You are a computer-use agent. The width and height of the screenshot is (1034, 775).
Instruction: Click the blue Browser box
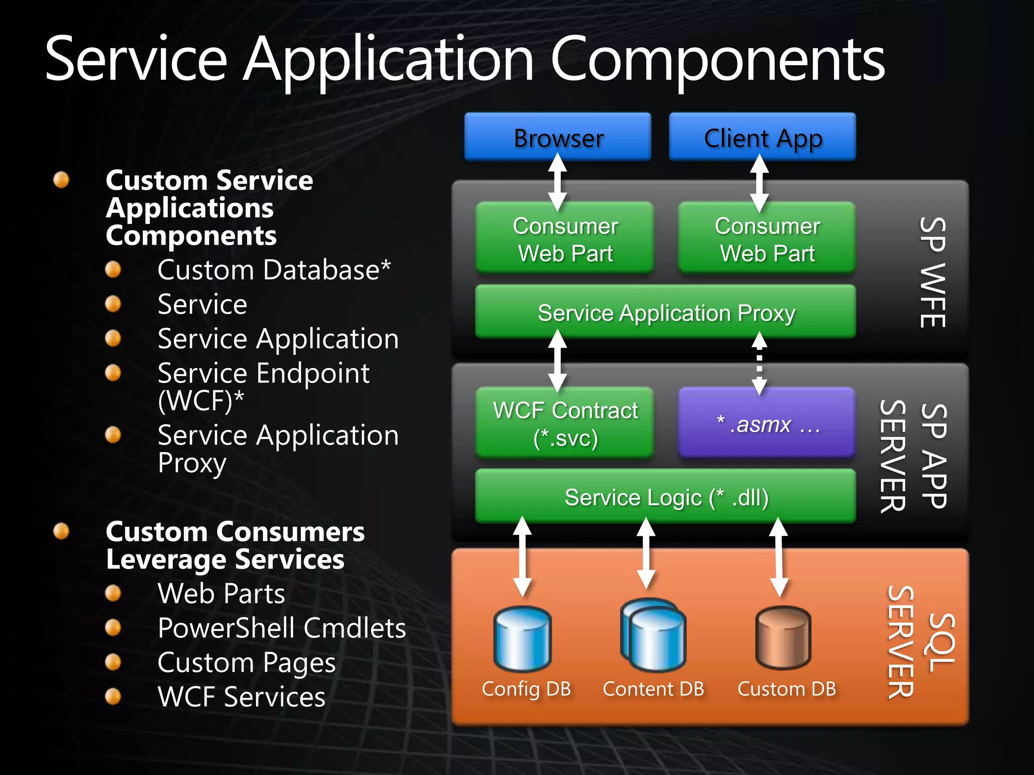click(557, 137)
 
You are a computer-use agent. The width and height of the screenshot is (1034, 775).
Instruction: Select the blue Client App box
click(762, 137)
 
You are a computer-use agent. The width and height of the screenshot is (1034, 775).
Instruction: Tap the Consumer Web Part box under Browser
click(564, 239)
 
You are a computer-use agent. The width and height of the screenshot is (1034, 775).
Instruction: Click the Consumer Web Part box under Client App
click(766, 239)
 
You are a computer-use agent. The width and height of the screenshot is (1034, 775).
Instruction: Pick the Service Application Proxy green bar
click(665, 312)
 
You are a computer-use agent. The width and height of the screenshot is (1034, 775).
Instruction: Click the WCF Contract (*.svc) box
click(564, 423)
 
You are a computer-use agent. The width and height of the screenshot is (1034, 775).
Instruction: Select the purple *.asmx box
click(766, 423)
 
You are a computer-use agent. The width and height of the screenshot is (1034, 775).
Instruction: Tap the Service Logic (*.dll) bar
click(665, 496)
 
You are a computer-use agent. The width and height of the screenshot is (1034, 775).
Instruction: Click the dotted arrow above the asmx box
click(759, 362)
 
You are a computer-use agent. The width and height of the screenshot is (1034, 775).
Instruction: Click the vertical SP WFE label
click(932, 272)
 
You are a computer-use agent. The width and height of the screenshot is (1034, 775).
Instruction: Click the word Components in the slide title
click(717, 60)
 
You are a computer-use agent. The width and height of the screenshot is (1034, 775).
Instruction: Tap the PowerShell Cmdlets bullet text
click(281, 628)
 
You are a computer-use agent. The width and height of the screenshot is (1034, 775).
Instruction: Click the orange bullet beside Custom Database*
click(113, 269)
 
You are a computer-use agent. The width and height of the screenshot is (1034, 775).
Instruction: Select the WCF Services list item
click(241, 697)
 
